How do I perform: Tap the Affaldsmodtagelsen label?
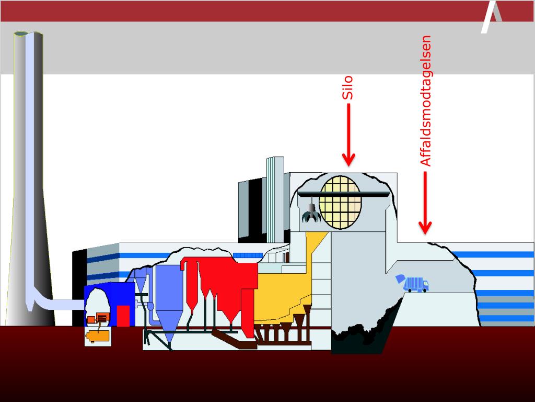pos(426,100)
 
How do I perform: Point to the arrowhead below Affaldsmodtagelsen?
pos(425,227)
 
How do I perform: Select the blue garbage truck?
pos(413,283)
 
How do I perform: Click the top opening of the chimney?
pos(28,34)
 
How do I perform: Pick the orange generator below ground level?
pos(98,336)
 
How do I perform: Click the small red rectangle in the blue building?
pos(123,316)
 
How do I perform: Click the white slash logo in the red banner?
pos(491,17)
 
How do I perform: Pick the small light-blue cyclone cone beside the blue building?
pos(139,282)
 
